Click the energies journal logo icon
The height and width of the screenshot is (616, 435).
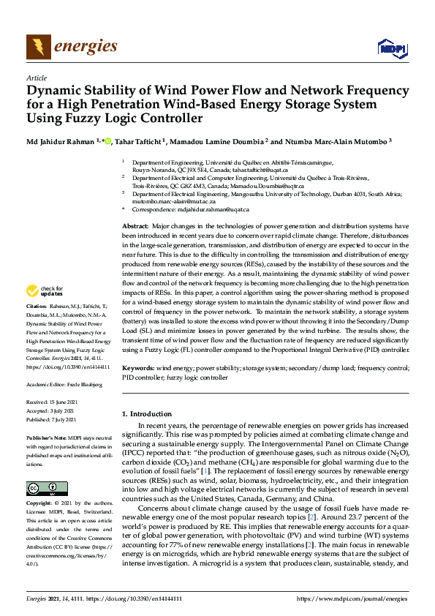(x=38, y=47)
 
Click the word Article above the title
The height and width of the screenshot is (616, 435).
(x=36, y=78)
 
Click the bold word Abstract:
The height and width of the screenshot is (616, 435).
(x=136, y=228)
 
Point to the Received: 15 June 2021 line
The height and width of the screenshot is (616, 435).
(x=51, y=402)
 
